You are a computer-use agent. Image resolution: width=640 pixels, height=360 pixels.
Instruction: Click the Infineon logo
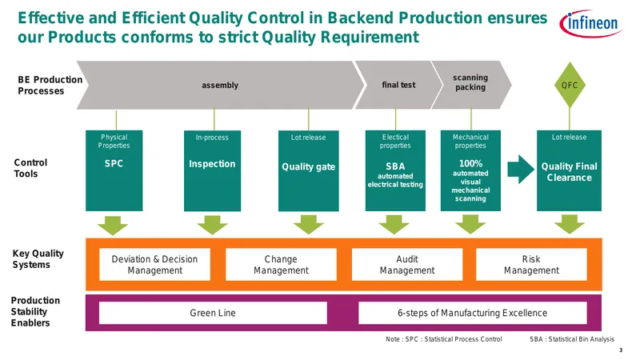[590, 23]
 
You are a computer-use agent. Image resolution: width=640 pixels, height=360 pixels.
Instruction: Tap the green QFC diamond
[570, 85]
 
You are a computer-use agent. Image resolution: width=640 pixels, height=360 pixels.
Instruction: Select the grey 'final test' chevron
[398, 85]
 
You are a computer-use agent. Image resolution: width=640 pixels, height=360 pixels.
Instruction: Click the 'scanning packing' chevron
[471, 85]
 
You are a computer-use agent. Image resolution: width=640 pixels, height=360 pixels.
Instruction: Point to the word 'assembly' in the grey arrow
[220, 86]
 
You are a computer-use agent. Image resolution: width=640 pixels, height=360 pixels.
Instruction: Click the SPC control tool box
[114, 170]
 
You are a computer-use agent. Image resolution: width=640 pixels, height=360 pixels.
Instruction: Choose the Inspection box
[212, 170]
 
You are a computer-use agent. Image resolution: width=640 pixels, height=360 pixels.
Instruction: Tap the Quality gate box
[309, 170]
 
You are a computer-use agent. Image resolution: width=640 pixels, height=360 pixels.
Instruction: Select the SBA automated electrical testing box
[395, 170]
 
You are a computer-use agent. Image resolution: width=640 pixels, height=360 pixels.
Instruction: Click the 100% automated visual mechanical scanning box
[470, 170]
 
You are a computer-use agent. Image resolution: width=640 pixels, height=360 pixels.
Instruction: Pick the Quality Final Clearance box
[569, 170]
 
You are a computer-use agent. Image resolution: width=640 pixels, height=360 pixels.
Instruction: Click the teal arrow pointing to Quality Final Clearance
[521, 169]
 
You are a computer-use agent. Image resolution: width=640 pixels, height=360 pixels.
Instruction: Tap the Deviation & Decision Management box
[154, 265]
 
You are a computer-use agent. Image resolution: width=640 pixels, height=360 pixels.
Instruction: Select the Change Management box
[282, 265]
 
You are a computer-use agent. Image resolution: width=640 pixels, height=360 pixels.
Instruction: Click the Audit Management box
[407, 265]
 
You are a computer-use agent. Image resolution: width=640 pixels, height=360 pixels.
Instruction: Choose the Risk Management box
[531, 265]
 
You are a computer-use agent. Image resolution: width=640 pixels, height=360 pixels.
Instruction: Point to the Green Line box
[213, 313]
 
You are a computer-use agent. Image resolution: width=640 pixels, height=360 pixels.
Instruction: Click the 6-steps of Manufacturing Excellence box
[473, 313]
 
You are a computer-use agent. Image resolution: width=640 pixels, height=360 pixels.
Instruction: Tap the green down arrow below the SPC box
[113, 226]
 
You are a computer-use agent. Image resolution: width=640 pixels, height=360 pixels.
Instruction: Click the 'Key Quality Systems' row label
[38, 258]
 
